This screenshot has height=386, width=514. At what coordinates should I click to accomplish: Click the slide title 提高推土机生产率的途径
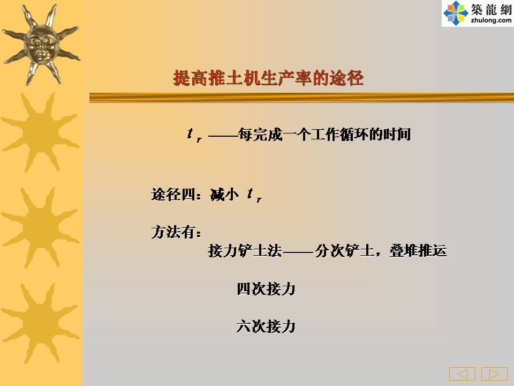(268, 78)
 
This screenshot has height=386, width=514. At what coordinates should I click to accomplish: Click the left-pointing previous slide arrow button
(462, 374)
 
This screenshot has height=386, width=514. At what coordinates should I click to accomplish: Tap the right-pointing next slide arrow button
(494, 374)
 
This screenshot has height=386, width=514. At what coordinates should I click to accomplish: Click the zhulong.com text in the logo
(491, 20)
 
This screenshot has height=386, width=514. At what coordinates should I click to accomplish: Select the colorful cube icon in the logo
(456, 13)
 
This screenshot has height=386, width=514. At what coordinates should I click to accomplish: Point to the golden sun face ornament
(41, 45)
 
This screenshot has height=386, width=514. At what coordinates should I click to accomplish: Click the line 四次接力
(266, 289)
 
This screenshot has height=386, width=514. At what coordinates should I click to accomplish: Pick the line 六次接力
(266, 326)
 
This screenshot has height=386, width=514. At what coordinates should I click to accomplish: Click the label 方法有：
(176, 232)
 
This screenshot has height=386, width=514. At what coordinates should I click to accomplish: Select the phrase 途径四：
(176, 195)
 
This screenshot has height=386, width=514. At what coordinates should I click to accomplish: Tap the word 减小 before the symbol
(224, 195)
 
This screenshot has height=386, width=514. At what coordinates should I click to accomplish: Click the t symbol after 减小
(254, 195)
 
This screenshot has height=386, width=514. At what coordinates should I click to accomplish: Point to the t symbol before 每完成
(194, 135)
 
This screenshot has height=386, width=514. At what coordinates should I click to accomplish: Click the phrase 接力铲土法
(245, 251)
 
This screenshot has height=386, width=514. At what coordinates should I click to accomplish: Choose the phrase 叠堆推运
(418, 251)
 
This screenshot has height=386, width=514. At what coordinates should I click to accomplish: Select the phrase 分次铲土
(344, 251)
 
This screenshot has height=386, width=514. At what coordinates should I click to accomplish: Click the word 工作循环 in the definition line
(339, 134)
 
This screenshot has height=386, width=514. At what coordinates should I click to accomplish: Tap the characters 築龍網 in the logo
(491, 9)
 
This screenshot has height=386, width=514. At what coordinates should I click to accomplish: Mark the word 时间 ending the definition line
(397, 134)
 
